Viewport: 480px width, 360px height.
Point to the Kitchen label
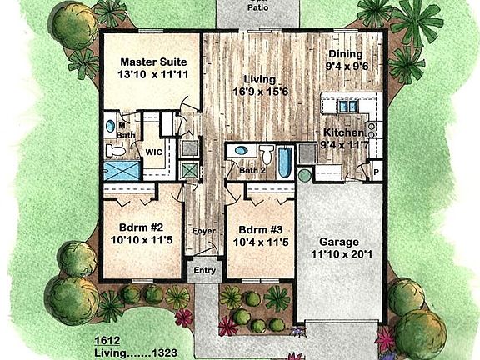[343, 132]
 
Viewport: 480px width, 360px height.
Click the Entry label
[204, 271]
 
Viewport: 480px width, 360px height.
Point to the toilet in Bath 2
[267, 155]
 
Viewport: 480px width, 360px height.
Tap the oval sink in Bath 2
[241, 151]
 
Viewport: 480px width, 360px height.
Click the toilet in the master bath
[116, 151]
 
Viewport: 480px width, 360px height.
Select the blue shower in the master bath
[122, 172]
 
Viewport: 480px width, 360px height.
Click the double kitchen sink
[346, 106]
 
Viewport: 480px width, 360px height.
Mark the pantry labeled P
[376, 173]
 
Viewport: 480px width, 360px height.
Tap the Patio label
[258, 8]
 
